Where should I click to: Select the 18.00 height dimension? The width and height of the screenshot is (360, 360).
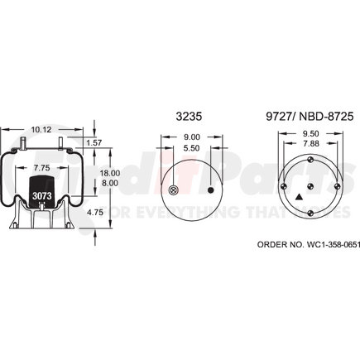point(110,172)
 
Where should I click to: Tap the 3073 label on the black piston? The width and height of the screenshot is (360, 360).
point(41,195)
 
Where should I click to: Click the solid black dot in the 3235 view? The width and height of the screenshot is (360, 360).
point(214,190)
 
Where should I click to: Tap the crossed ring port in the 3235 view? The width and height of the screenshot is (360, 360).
point(172,190)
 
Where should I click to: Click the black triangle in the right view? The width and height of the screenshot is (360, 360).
point(296,197)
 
